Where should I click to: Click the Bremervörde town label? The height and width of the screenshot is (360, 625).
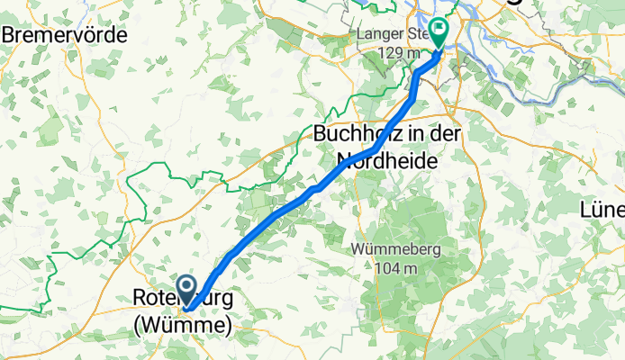(66, 34)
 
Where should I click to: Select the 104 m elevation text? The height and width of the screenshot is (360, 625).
(390, 267)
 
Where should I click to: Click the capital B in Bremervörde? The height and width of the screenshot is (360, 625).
(10, 34)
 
